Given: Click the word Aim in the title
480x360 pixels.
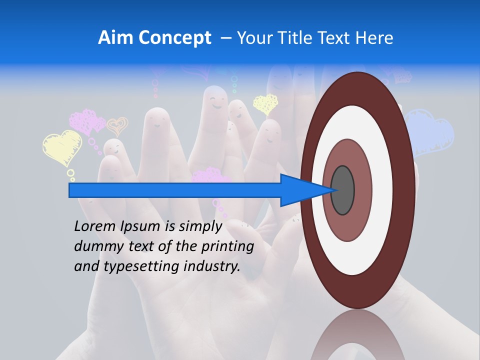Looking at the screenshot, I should pyautogui.click(x=115, y=38).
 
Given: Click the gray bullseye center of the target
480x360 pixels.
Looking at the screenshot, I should pyautogui.click(x=342, y=190).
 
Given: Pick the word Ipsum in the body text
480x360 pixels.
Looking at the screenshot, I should pyautogui.click(x=140, y=226).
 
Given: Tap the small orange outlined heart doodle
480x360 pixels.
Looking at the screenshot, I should pyautogui.click(x=117, y=126).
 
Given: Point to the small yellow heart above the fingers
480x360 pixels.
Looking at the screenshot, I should pyautogui.click(x=265, y=104).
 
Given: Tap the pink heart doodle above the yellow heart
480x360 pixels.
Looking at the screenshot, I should pyautogui.click(x=86, y=121).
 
